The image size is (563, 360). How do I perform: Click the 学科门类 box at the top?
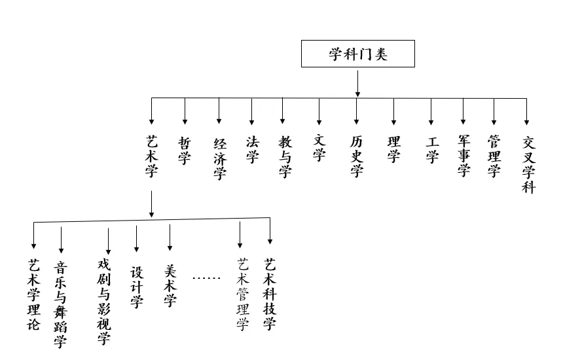[357, 54]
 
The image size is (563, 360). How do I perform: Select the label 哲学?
[185, 151]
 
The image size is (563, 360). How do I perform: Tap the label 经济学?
[219, 158]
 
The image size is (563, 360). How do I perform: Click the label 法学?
[252, 149]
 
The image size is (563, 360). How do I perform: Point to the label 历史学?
[356, 157]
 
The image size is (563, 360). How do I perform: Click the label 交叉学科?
[528, 165]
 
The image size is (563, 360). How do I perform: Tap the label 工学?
[431, 150]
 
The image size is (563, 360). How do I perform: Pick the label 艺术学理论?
[33, 294]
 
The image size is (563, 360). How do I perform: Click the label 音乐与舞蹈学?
[60, 304]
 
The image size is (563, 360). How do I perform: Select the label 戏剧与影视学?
[103, 301]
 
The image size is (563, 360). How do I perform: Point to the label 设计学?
[137, 286]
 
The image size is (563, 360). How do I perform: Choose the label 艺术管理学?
[243, 294]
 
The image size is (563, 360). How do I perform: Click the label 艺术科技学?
[270, 294]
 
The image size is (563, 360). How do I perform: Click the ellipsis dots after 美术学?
[206, 278]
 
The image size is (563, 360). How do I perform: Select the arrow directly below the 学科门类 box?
[357, 83]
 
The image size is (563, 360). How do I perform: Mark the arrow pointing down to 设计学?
[136, 239]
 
